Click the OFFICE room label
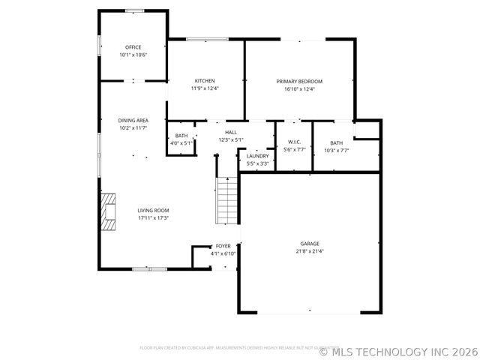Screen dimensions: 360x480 pyautogui.click(x=133, y=47)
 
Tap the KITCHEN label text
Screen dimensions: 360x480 pyautogui.click(x=205, y=81)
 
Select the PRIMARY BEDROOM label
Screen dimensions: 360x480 pyautogui.click(x=299, y=81)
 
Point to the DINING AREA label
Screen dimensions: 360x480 pyautogui.click(x=133, y=120)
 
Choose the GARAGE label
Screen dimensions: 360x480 pyautogui.click(x=310, y=244)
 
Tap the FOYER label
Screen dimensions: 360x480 pyautogui.click(x=223, y=246)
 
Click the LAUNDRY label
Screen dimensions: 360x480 pyautogui.click(x=257, y=156)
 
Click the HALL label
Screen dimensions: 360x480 pyautogui.click(x=231, y=132)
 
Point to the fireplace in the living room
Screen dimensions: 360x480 pyautogui.click(x=109, y=210)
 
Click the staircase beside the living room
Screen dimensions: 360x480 pyautogui.click(x=227, y=200)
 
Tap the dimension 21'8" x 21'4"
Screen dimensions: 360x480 pyautogui.click(x=310, y=251)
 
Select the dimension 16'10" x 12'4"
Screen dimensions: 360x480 pyautogui.click(x=299, y=88)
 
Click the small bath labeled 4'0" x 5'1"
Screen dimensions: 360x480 pyautogui.click(x=181, y=139)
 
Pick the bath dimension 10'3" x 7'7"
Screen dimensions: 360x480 pyautogui.click(x=336, y=150)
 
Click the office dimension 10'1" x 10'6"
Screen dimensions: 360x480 pyautogui.click(x=133, y=55)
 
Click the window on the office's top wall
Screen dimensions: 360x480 pyautogui.click(x=135, y=10)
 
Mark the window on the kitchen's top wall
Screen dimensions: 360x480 pyautogui.click(x=208, y=39)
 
